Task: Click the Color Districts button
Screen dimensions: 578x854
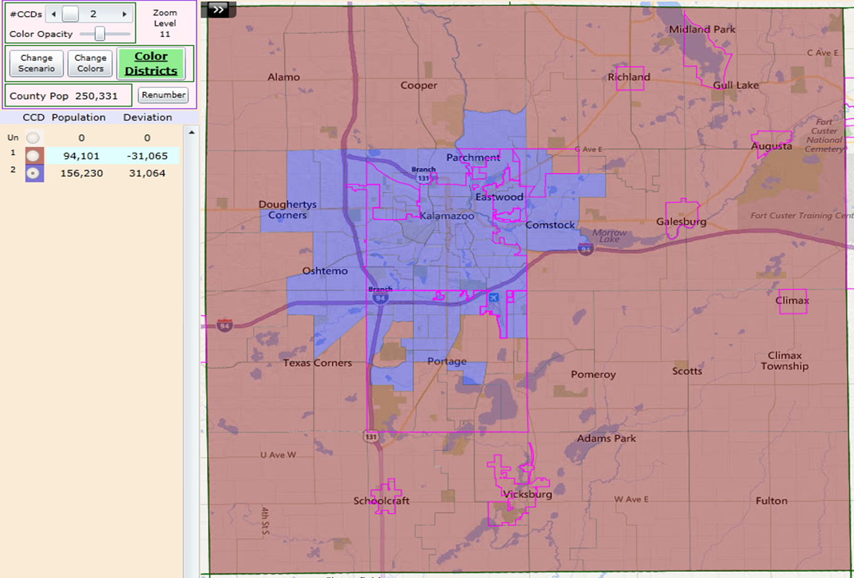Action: tap(151, 63)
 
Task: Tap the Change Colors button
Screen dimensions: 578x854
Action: tap(90, 63)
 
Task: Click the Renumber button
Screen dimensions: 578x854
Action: tap(163, 95)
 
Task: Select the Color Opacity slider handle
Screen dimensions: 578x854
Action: tap(100, 34)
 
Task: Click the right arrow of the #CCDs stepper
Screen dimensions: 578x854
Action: tap(124, 14)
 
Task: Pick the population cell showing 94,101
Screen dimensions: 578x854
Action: tap(81, 156)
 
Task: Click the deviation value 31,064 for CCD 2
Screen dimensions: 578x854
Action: tap(147, 173)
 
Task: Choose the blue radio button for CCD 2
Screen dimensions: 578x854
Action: tap(34, 174)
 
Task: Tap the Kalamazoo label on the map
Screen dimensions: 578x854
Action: tap(447, 216)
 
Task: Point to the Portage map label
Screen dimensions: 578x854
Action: tap(447, 361)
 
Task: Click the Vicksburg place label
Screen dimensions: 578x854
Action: tap(527, 494)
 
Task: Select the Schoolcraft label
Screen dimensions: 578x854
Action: tap(381, 500)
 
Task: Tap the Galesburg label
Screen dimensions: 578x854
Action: tap(681, 222)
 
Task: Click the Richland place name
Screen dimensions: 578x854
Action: tap(629, 77)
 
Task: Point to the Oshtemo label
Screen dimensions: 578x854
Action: tap(325, 271)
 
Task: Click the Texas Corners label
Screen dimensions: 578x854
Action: tap(317, 363)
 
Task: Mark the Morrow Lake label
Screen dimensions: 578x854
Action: tap(609, 236)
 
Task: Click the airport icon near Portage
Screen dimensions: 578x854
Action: tap(493, 298)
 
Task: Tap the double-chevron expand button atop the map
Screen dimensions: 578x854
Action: tap(218, 9)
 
